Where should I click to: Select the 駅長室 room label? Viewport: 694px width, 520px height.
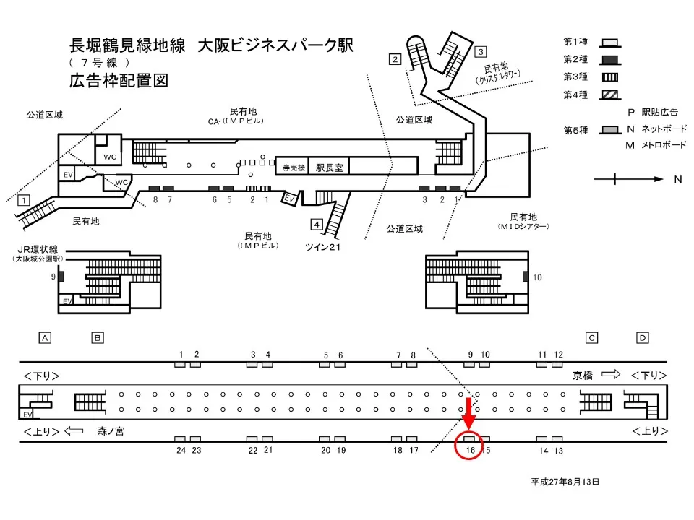328,166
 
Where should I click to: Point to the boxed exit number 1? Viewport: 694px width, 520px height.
24,199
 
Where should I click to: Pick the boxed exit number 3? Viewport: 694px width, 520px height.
481,51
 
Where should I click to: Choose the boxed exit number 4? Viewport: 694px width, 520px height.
317,222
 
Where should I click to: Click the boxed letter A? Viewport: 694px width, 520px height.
45,337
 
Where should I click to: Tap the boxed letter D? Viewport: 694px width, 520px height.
642,337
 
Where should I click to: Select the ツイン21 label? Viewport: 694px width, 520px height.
322,247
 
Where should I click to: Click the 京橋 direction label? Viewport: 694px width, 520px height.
582,375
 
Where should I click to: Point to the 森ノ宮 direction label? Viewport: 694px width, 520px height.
111,431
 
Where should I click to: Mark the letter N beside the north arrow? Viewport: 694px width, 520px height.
677,179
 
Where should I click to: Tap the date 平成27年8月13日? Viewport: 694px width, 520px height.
565,481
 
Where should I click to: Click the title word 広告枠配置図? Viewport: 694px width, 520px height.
119,81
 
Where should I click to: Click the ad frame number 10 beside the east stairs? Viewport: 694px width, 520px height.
536,277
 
